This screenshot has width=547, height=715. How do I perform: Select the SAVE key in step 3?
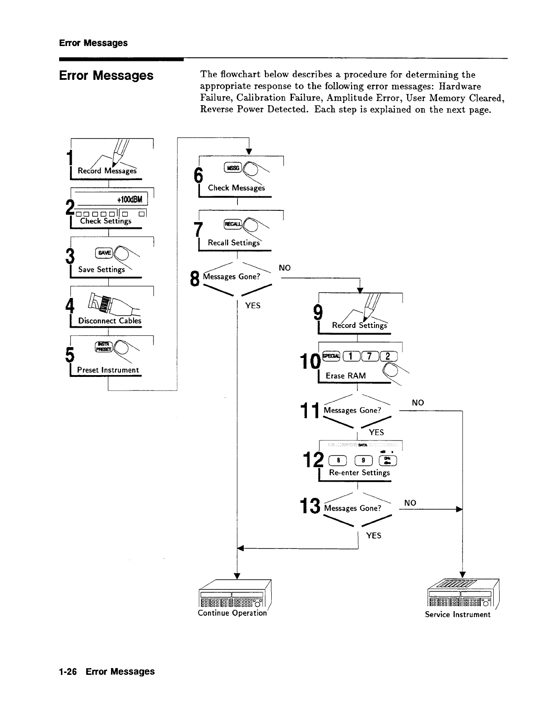104,253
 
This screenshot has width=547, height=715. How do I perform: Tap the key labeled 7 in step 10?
369,357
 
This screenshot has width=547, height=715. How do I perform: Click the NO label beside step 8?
285,268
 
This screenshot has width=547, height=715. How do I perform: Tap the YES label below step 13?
374,536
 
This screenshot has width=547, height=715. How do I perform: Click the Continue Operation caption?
232,613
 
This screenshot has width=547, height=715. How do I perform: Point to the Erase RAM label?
346,376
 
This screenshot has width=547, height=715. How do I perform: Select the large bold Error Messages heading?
106,75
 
